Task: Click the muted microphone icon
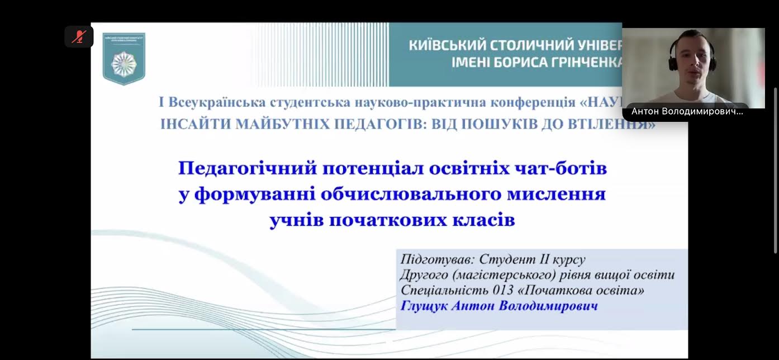(79, 37)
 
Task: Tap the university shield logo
(123, 59)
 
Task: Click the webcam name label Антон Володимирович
(687, 112)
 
